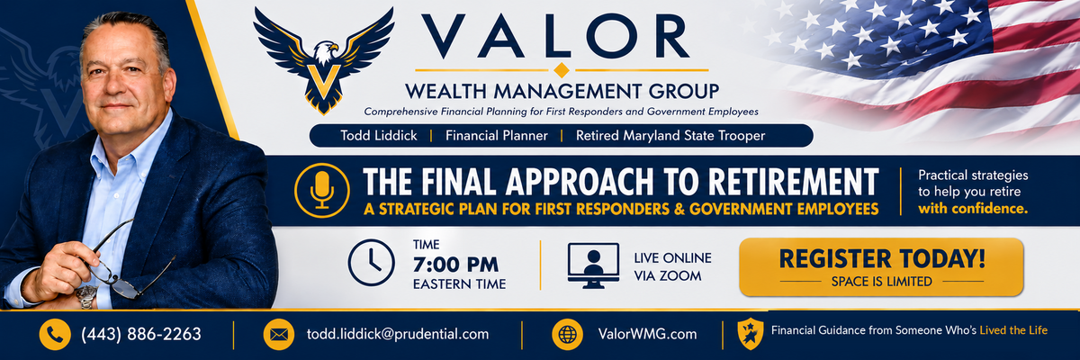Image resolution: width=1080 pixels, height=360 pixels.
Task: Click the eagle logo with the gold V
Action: (x=323, y=61)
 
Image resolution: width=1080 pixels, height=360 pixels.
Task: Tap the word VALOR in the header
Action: (x=555, y=36)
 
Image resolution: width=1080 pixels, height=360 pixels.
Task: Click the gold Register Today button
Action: (x=881, y=267)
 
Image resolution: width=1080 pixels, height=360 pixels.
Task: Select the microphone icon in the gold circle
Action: (x=322, y=191)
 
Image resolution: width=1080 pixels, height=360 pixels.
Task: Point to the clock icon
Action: (x=371, y=263)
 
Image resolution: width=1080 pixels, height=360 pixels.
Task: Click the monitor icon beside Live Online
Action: (x=593, y=265)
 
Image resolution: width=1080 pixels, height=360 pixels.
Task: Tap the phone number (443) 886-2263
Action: (x=140, y=334)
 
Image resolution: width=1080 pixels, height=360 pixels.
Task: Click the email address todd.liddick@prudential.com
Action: (x=398, y=334)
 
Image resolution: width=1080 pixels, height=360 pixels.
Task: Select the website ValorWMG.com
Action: (x=647, y=334)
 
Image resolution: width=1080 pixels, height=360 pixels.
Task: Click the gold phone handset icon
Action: (x=55, y=335)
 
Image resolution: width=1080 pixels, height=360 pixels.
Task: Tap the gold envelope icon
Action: (x=279, y=335)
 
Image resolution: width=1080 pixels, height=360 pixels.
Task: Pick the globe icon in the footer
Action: (x=568, y=335)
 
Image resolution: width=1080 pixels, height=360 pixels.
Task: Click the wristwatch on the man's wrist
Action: (x=86, y=296)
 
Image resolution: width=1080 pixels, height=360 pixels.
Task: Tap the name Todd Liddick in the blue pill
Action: (x=379, y=135)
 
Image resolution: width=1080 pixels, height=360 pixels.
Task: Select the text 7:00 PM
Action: (x=455, y=265)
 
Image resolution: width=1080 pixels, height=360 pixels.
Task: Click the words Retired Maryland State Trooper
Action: (x=670, y=135)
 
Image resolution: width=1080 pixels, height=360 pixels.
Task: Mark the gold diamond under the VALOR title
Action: (x=562, y=70)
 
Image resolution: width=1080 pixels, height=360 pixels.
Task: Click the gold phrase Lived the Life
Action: (x=1013, y=330)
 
